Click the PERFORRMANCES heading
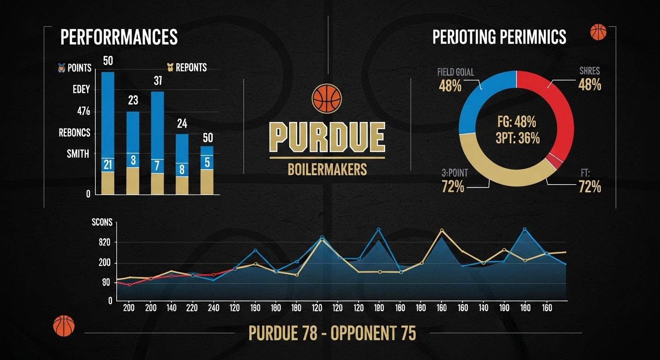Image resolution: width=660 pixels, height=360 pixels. click(119, 37)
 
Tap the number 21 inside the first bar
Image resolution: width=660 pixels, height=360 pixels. click(108, 165)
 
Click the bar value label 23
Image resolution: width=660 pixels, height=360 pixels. click(133, 100)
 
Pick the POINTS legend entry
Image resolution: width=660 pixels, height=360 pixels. click(75, 67)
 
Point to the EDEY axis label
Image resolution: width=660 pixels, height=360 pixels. click(81, 90)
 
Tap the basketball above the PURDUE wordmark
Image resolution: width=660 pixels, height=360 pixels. click(327, 98)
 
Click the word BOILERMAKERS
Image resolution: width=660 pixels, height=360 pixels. click(327, 169)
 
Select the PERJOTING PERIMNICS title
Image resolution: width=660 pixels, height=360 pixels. click(499, 37)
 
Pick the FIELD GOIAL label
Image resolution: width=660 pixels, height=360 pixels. click(455, 72)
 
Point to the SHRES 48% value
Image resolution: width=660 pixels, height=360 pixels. click(590, 85)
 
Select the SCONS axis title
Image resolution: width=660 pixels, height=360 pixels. click(102, 222)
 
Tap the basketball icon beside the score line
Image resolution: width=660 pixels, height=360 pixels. click(64, 326)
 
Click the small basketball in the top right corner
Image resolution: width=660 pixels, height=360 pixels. click(598, 32)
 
